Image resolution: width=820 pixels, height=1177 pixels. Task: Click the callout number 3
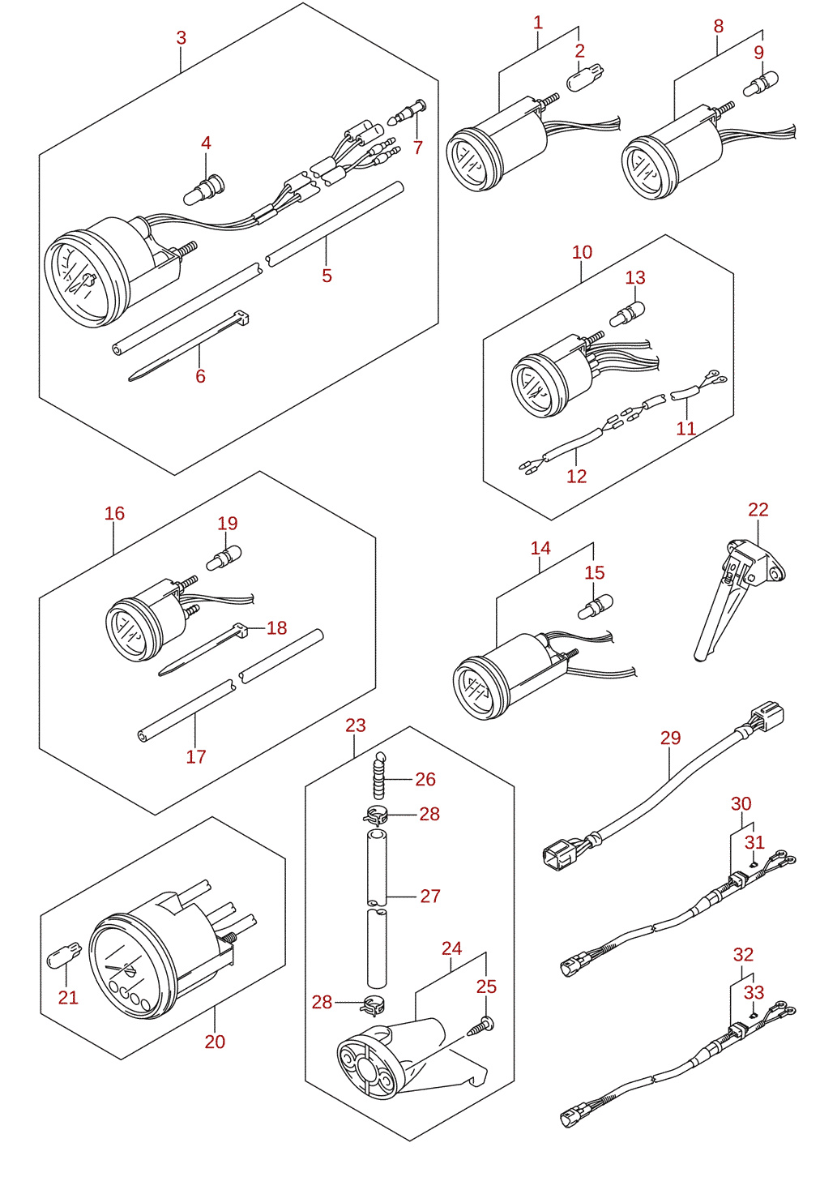182,38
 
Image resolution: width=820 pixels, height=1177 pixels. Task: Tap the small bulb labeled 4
204,190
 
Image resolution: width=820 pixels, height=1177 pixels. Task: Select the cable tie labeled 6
189,346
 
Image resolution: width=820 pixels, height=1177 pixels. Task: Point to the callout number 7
417,148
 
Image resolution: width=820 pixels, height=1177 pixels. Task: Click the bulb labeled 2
585,79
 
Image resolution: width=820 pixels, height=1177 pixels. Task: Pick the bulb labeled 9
761,84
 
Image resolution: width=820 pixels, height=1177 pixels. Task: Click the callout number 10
582,252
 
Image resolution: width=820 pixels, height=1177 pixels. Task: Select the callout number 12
576,476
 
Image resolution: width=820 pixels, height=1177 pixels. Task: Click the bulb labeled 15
596,607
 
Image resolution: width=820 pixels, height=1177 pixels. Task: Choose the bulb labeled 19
224,558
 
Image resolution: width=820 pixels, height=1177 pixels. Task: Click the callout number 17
196,756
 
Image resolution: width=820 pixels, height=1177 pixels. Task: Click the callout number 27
430,896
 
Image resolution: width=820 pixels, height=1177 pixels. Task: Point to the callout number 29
670,738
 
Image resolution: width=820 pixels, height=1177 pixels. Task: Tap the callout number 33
754,992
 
